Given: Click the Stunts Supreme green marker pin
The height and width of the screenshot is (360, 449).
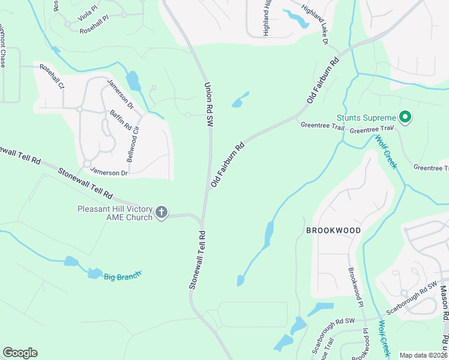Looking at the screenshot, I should (x=405, y=117).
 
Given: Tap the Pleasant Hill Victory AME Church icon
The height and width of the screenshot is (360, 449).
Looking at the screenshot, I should (x=161, y=212).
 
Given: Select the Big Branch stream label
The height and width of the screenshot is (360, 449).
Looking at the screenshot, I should (x=122, y=276).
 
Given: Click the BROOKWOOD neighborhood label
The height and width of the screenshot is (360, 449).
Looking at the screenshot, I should (x=333, y=230).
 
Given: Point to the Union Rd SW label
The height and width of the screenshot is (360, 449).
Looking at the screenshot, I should (x=209, y=104).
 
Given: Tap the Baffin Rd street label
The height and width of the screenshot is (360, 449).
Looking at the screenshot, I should (x=120, y=121).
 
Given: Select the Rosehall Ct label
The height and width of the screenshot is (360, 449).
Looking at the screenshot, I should (x=52, y=77).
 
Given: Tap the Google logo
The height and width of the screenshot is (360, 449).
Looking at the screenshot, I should (x=20, y=353).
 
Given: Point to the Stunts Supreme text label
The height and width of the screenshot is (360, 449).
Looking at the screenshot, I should (x=366, y=118).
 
